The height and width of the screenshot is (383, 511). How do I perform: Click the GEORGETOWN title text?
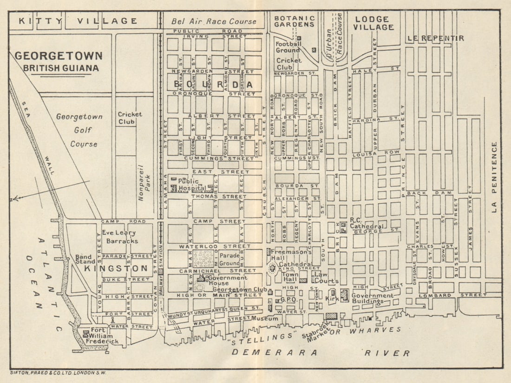59,56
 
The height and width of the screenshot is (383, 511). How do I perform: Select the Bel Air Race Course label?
214,21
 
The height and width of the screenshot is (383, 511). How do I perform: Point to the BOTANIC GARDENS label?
294,21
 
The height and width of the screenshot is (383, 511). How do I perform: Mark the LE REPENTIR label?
435,38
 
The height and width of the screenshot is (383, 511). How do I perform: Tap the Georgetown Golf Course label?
79,130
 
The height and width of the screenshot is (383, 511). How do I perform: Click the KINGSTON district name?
116,269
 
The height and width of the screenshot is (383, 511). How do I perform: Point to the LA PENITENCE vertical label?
494,177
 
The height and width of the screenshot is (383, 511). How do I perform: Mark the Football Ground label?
288,47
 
